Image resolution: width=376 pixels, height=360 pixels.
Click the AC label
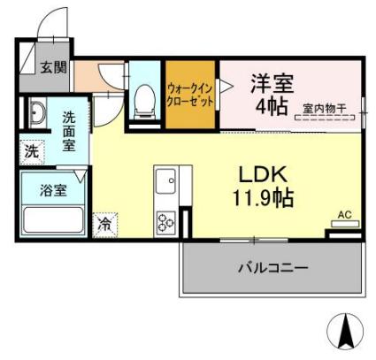click(x=346, y=214)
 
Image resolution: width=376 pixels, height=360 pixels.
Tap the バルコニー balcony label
click(x=272, y=266)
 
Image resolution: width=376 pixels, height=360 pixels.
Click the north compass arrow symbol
click(x=346, y=332)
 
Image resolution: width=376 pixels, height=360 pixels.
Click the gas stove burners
click(x=165, y=221)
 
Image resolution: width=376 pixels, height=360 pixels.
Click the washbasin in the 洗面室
click(x=38, y=114)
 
